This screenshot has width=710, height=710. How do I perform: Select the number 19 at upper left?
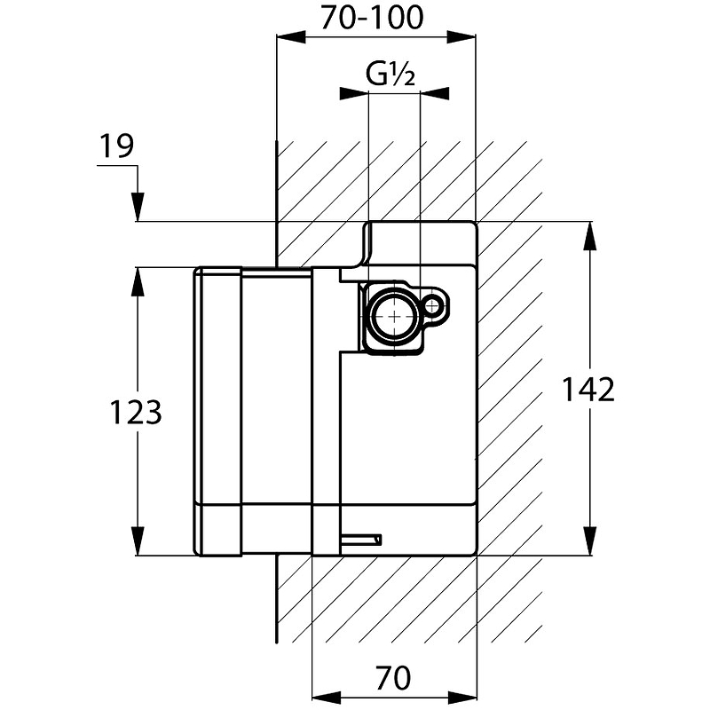115,146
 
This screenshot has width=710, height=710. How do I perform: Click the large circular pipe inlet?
391,314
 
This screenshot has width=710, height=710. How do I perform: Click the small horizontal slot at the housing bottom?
362,538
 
